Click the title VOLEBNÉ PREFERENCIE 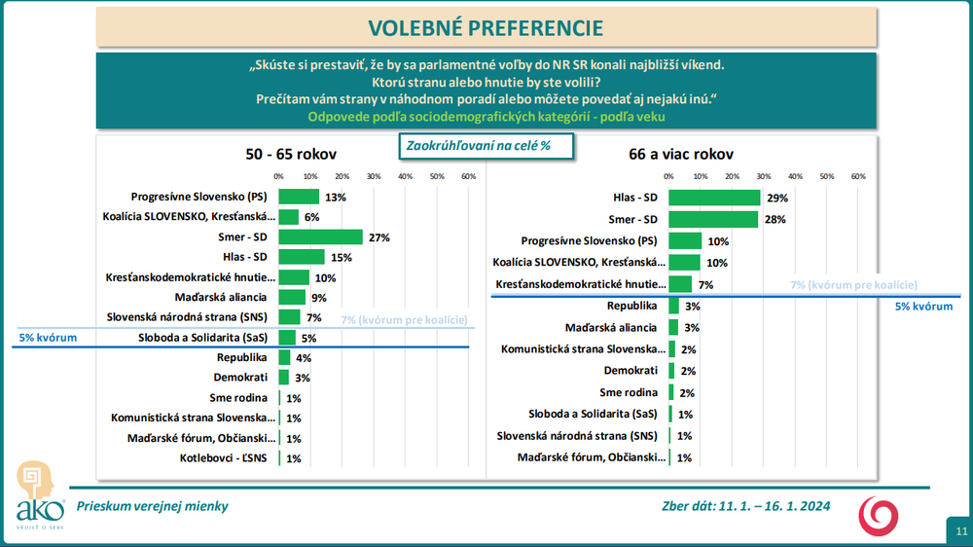pos(486,26)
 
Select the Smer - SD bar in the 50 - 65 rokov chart pos(320,237)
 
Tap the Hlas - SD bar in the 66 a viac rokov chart pos(714,198)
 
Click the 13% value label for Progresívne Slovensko pos(336,197)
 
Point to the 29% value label pos(776,198)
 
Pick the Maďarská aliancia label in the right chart pos(612,327)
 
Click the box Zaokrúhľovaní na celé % pos(485,145)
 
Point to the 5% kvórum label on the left pos(48,338)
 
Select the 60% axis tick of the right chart pos(858,176)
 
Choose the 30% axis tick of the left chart pos(373,176)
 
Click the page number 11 pos(960,531)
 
